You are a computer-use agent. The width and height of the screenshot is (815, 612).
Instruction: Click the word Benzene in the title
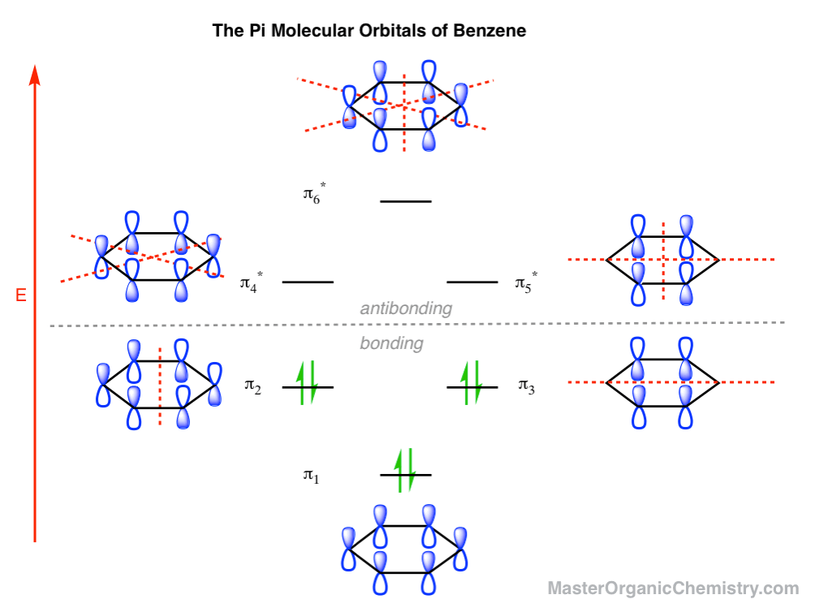coord(489,31)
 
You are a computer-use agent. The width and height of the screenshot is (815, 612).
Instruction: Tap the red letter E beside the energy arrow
coord(21,295)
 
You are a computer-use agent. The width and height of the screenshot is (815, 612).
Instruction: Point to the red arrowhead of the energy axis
coord(35,75)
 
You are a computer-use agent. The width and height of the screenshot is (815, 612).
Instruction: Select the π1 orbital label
coord(312,476)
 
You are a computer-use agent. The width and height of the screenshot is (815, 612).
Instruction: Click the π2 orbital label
coord(252,386)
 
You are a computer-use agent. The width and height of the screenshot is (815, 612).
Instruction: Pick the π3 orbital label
coord(526,386)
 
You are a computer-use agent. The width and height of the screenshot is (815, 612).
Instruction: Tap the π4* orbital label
coord(251,282)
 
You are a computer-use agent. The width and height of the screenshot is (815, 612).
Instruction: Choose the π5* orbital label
coord(526,282)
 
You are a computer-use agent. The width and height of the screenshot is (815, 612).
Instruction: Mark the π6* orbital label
coord(314,193)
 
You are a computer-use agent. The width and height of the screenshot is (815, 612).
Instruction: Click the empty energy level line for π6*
coord(405,201)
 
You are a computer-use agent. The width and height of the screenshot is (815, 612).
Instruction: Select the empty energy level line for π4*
coord(308,282)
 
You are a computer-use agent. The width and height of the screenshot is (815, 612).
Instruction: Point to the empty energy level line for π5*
coord(472,282)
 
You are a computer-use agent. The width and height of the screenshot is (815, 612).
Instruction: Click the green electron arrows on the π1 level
coord(405,470)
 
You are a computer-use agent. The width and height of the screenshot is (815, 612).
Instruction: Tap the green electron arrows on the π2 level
coord(307,382)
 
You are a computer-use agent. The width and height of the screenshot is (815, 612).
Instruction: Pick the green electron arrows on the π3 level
coord(472,382)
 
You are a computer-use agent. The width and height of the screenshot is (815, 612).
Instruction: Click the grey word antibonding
coord(406,308)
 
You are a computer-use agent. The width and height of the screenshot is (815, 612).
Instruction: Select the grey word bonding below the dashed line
coord(391,343)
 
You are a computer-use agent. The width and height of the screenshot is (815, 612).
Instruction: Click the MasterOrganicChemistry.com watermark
coord(673,588)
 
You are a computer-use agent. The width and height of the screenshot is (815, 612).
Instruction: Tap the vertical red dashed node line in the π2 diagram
coord(160,386)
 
